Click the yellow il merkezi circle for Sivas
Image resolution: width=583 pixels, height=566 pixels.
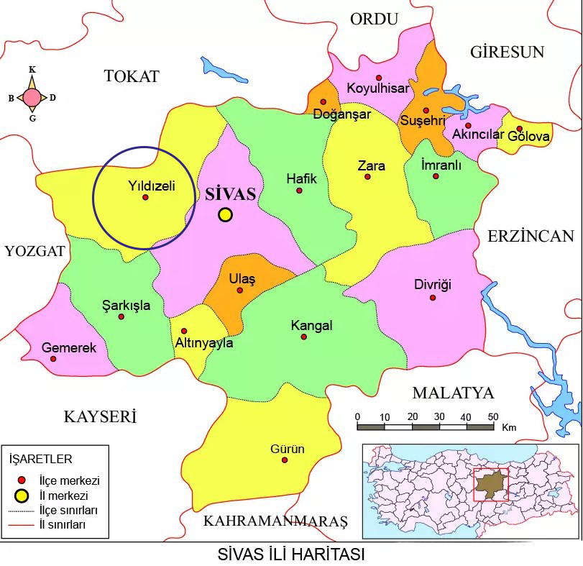[x=226, y=214]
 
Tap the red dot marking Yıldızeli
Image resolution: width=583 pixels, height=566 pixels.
[x=145, y=197]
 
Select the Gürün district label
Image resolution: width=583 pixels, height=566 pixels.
[x=287, y=449]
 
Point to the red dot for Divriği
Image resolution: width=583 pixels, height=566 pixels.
[x=433, y=298]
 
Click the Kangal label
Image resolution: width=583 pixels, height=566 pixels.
[x=311, y=325]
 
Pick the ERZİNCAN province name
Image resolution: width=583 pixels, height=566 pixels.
[x=531, y=237]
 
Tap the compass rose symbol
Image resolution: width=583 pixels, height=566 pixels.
[x=32, y=97]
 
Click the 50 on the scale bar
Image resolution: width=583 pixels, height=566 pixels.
[x=492, y=417]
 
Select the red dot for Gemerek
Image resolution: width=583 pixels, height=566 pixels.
[x=53, y=358]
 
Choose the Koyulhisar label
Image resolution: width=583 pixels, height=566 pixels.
[x=377, y=88]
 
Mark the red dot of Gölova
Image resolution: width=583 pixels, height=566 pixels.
[x=520, y=129]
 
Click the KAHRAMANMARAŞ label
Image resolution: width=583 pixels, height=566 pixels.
[x=275, y=521]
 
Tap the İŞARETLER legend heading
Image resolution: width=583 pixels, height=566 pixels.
[x=40, y=458]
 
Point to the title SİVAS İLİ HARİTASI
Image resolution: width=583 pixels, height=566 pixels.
[x=291, y=555]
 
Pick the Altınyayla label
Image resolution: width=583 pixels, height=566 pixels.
[x=204, y=343]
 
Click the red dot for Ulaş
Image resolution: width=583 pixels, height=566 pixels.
[x=240, y=291]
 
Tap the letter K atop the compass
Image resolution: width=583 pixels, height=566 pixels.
[x=32, y=70]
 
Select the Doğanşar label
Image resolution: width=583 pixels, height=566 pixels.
[x=342, y=114]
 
